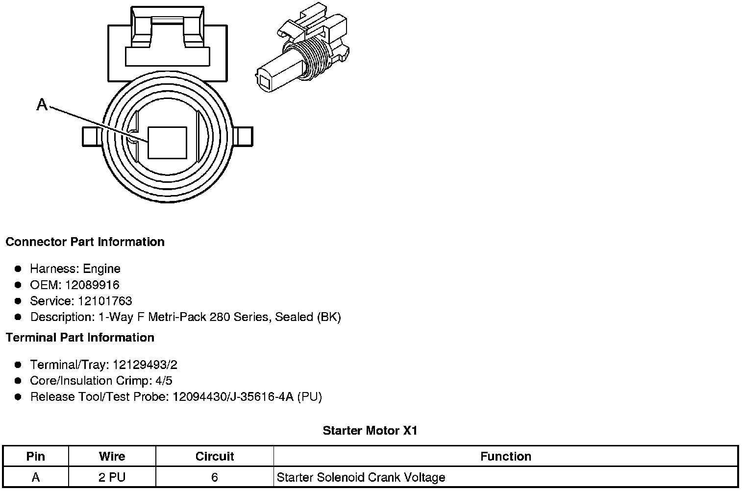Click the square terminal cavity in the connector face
click(167, 143)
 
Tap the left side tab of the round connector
click(92, 136)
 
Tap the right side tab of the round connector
click(243, 136)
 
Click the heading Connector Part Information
click(85, 242)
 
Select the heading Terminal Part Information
click(80, 338)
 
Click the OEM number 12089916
click(92, 285)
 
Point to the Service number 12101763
click(105, 301)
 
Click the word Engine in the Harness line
click(101, 269)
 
